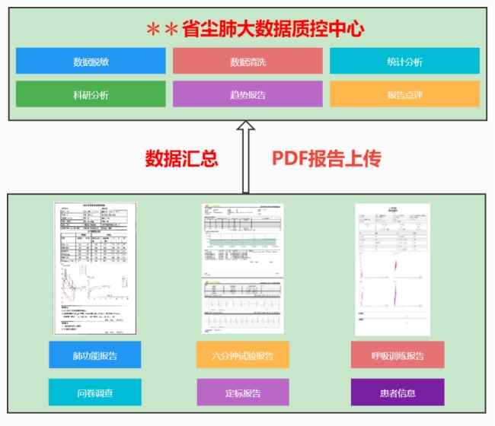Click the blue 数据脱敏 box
(91, 62)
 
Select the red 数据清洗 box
(247, 62)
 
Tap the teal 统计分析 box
(404, 62)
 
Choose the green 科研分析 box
(91, 94)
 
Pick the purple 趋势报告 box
(247, 94)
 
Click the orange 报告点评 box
(404, 94)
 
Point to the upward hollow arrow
(245, 156)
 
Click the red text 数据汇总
(182, 159)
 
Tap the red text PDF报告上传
(327, 159)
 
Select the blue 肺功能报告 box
(94, 354)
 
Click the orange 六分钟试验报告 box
(243, 354)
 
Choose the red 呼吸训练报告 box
(398, 354)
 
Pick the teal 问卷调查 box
(94, 393)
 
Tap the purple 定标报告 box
(243, 393)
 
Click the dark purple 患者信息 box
(398, 393)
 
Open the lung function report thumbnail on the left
(95, 268)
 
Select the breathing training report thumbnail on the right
(392, 268)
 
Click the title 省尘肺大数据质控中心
(273, 30)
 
